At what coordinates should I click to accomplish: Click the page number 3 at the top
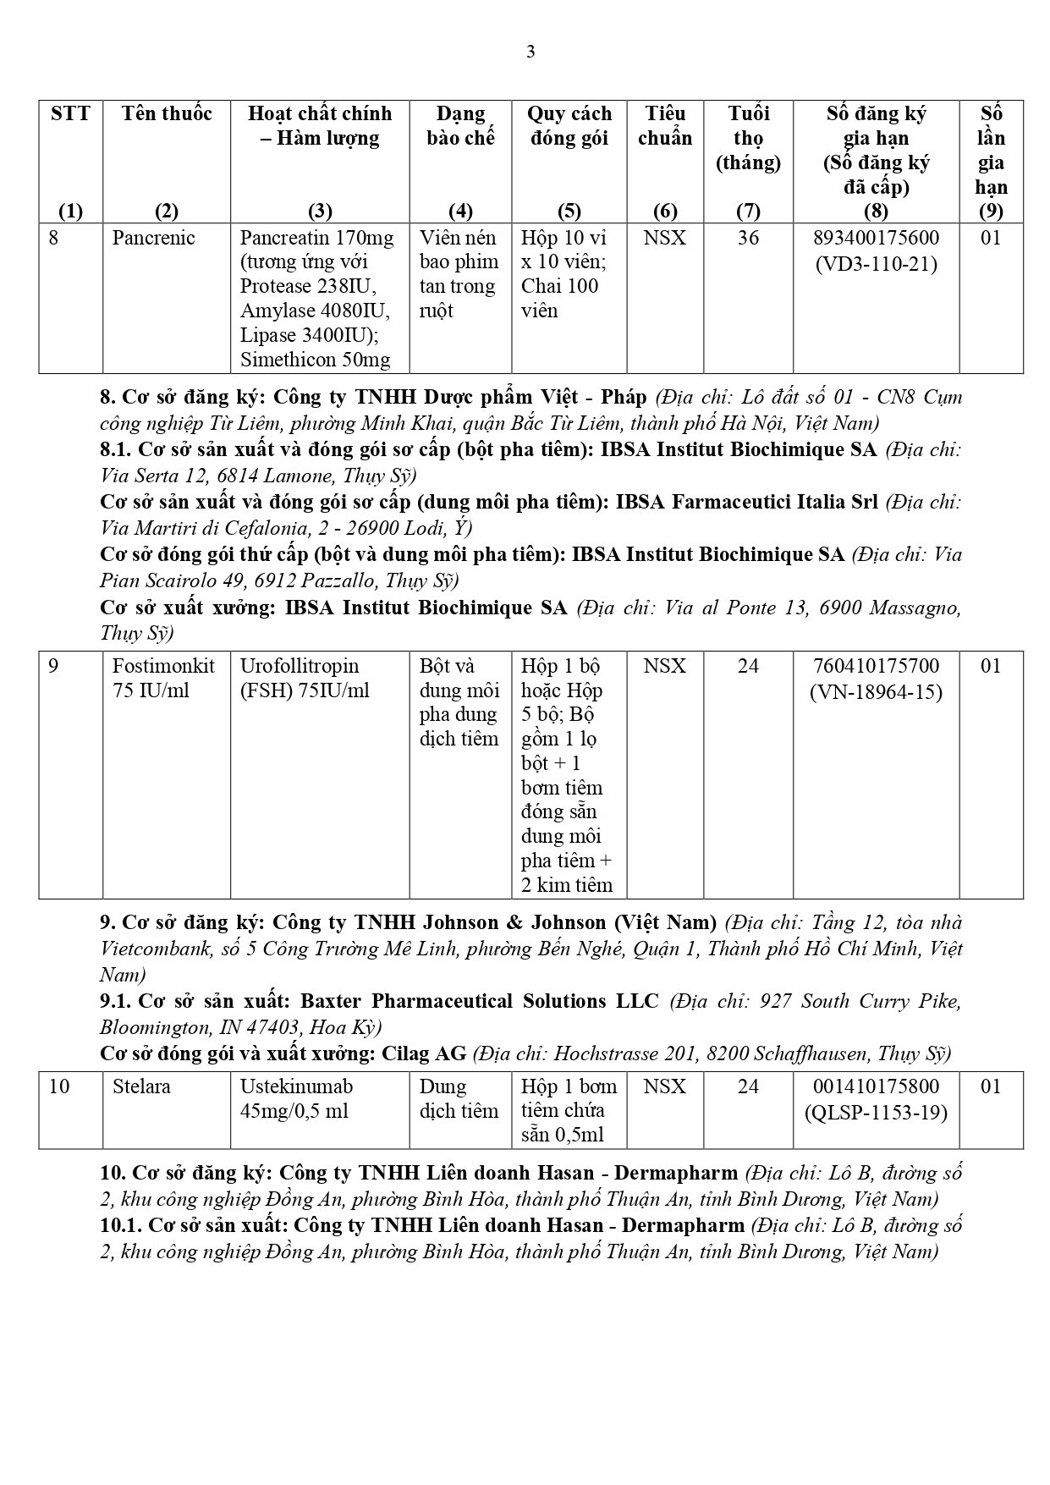(530, 52)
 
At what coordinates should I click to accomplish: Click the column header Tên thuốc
(167, 113)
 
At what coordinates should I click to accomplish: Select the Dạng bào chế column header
(460, 125)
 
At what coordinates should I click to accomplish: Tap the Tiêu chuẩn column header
(664, 125)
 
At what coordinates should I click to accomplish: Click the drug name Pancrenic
(153, 238)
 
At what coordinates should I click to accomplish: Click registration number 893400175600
(876, 238)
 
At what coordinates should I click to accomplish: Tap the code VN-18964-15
(876, 691)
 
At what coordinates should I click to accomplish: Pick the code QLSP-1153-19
(876, 1112)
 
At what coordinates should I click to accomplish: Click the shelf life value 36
(748, 238)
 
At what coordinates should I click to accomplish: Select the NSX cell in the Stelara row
(664, 1086)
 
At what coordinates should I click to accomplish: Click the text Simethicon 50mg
(316, 360)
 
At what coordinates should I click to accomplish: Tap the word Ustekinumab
(296, 1086)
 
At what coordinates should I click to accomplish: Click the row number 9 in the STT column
(54, 666)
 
